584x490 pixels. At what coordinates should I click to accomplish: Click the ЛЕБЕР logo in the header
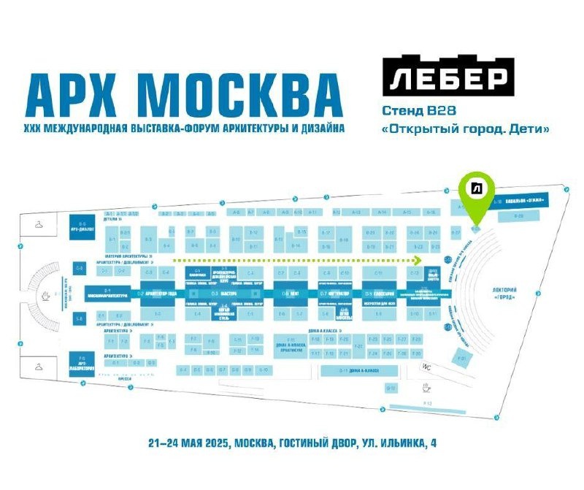tap(449, 77)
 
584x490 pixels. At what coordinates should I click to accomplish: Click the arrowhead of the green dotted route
tap(418, 259)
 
